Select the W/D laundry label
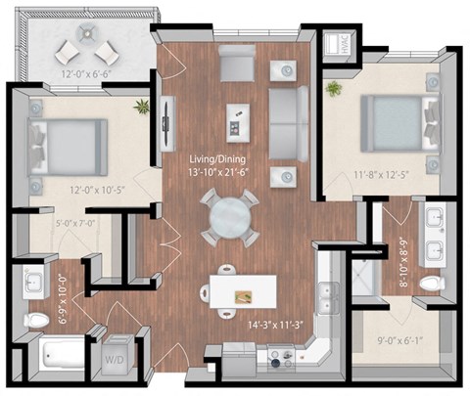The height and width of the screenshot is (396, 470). [x=116, y=359]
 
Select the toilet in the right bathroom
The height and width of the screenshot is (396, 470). [x=428, y=284]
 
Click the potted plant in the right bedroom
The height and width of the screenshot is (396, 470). [x=335, y=89]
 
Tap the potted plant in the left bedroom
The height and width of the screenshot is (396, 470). [x=145, y=106]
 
